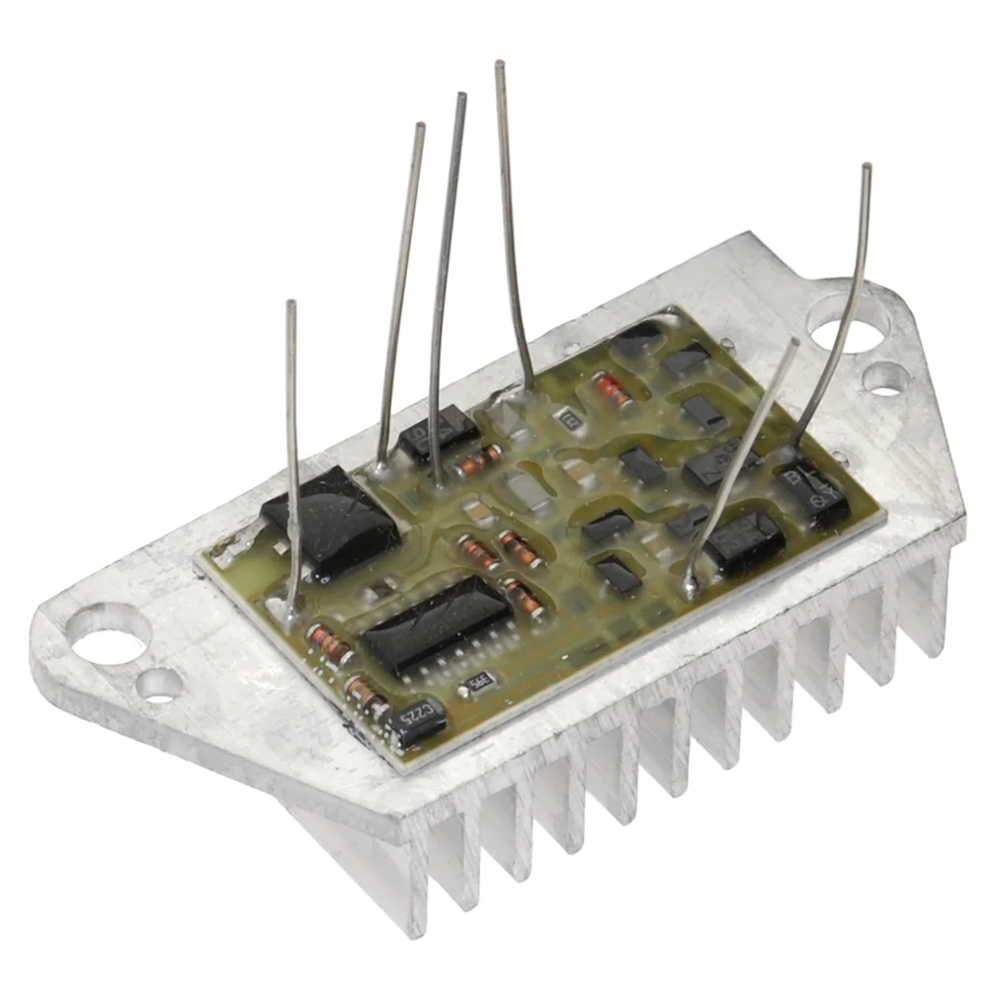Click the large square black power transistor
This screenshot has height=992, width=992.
331,522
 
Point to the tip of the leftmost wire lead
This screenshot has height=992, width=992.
289,304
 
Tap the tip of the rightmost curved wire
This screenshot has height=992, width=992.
867,167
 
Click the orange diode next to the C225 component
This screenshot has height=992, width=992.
366,695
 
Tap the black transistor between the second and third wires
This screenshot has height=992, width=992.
439,433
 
